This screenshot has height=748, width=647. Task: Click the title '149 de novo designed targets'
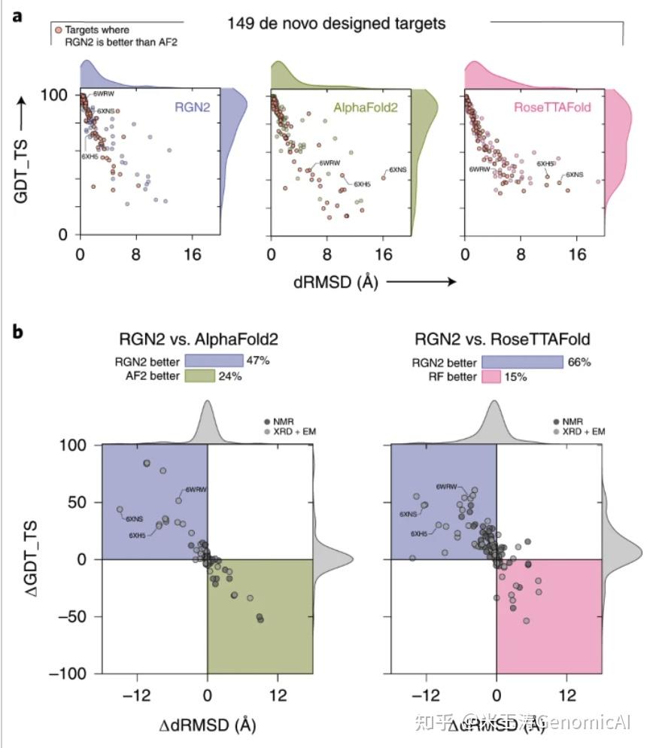336,24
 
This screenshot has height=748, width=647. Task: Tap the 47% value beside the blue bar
257,361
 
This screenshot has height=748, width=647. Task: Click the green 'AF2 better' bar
200,376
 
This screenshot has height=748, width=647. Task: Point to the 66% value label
579,362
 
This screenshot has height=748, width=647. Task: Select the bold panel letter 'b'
17,331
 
